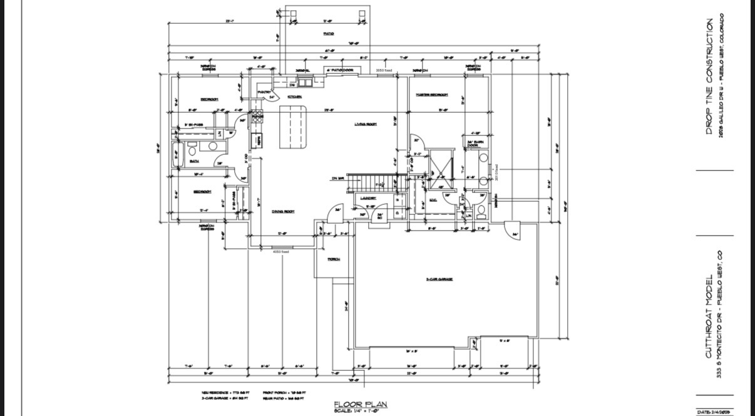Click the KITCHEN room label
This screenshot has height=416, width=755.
pos(294,96)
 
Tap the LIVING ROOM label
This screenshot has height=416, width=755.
pos(365,124)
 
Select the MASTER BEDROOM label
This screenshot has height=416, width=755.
pos(432,95)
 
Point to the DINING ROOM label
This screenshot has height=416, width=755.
pos(283,211)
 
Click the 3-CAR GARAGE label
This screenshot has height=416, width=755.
pos(439,279)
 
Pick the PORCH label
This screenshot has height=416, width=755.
pos(333,259)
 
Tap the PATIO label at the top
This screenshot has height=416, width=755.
pos(328,33)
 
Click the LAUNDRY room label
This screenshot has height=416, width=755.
pos(367,198)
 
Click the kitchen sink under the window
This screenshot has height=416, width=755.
pos(306,82)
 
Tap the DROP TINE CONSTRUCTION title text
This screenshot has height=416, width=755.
pos(709,76)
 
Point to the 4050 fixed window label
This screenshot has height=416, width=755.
pos(280,252)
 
